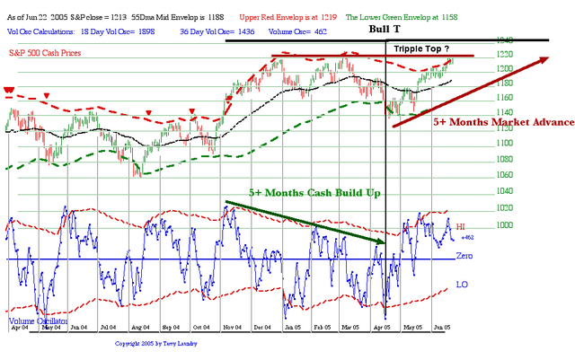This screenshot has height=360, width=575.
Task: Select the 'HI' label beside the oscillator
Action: point(461,228)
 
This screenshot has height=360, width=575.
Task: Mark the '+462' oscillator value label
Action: point(466,238)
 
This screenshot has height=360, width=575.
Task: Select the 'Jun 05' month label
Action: point(441,328)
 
